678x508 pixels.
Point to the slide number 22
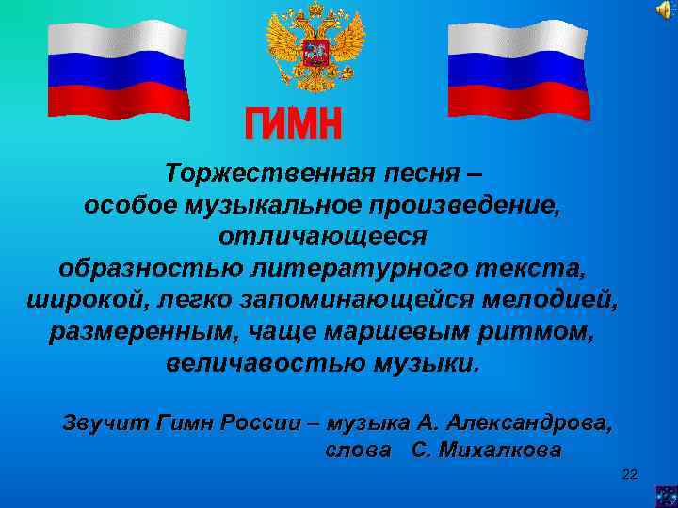[x=630, y=474]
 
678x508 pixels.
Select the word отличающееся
[x=323, y=236]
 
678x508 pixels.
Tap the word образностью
[x=148, y=268]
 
